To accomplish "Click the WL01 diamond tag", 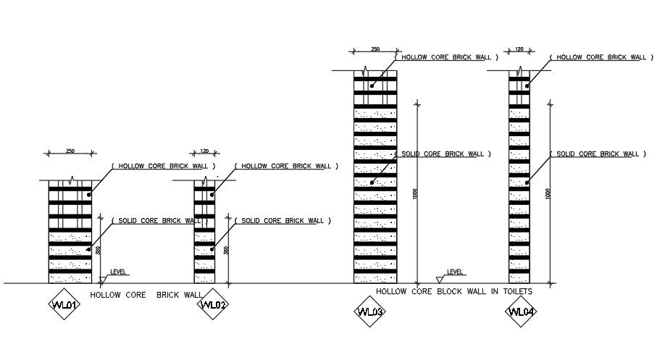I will (x=64, y=304).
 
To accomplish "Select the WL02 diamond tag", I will (x=214, y=304).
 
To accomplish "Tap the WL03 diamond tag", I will (x=369, y=311).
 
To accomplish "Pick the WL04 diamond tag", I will (x=522, y=311).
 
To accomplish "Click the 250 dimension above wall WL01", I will (x=70, y=151).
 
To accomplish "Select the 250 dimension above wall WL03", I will (x=375, y=49).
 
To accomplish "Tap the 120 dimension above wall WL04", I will (x=519, y=49).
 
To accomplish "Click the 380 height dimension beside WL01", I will (x=98, y=250).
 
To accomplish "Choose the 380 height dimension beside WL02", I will (x=226, y=250).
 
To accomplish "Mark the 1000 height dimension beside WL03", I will (x=415, y=193).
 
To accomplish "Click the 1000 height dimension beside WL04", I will (x=548, y=193).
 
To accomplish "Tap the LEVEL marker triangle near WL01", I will (x=104, y=278).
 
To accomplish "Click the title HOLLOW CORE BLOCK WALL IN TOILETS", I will (x=453, y=291).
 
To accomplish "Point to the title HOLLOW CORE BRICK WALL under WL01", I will (x=146, y=295).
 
